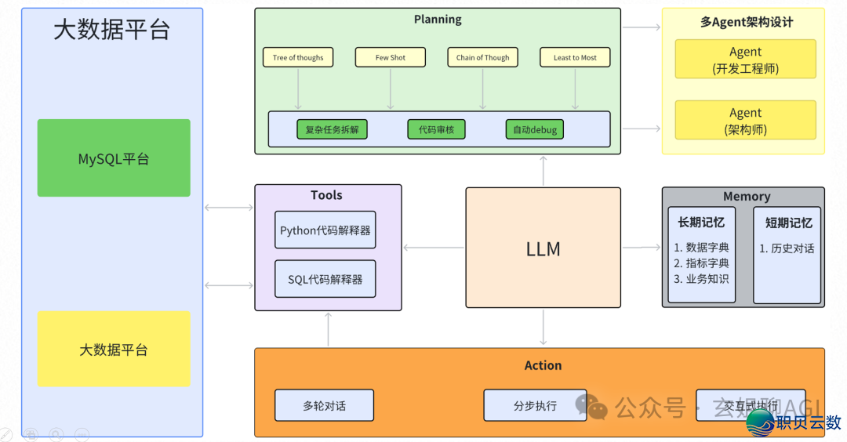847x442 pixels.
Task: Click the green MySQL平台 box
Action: (114, 158)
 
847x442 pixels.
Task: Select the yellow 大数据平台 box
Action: (114, 349)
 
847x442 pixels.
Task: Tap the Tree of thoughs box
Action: (298, 57)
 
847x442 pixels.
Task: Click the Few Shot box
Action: (390, 57)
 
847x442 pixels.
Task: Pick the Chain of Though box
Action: (482, 57)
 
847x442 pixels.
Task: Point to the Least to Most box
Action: (575, 57)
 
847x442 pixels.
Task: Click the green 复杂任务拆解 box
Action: (332, 129)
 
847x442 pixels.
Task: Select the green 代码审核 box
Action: (436, 129)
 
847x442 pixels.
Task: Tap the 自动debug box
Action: (534, 129)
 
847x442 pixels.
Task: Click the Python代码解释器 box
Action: (325, 230)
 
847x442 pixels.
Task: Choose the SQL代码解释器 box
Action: (325, 279)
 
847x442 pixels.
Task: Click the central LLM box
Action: (543, 248)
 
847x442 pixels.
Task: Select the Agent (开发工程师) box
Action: (745, 60)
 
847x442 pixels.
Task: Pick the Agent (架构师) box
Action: (745, 121)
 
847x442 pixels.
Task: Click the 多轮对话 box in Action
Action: (324, 405)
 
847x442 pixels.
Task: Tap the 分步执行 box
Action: (535, 405)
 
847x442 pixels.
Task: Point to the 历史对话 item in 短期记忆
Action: (787, 248)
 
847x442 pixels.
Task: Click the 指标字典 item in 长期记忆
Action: (702, 263)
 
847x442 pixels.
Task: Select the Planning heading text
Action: (438, 20)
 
